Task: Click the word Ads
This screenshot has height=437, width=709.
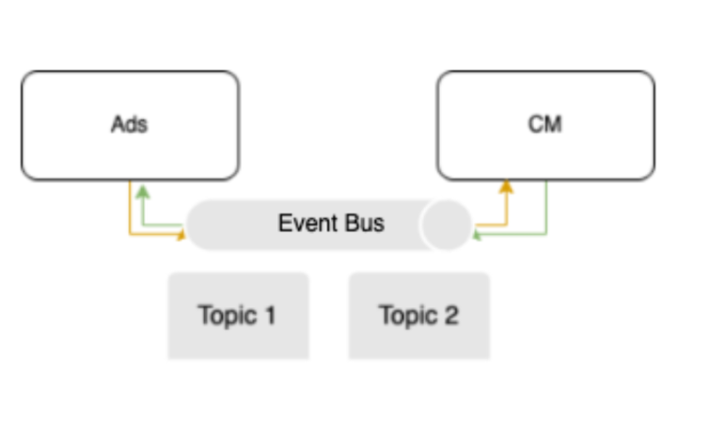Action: (x=130, y=124)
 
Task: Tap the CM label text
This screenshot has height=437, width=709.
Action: (x=544, y=124)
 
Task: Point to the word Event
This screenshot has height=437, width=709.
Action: (x=307, y=223)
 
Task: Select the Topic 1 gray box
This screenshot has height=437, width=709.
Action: (x=238, y=316)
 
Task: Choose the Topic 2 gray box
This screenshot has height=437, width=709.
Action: (x=419, y=316)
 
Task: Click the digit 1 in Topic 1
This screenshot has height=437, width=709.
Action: (x=271, y=315)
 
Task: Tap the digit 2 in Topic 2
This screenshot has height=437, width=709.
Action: (x=451, y=315)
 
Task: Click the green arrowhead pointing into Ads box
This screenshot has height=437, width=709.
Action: (x=143, y=192)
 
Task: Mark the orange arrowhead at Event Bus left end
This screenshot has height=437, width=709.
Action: (x=181, y=235)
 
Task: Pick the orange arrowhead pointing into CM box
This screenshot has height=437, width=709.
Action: (x=507, y=187)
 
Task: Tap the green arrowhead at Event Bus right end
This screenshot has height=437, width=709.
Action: (x=477, y=235)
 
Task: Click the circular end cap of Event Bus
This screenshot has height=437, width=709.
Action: (x=447, y=225)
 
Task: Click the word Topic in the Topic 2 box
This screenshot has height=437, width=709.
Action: (x=408, y=316)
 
